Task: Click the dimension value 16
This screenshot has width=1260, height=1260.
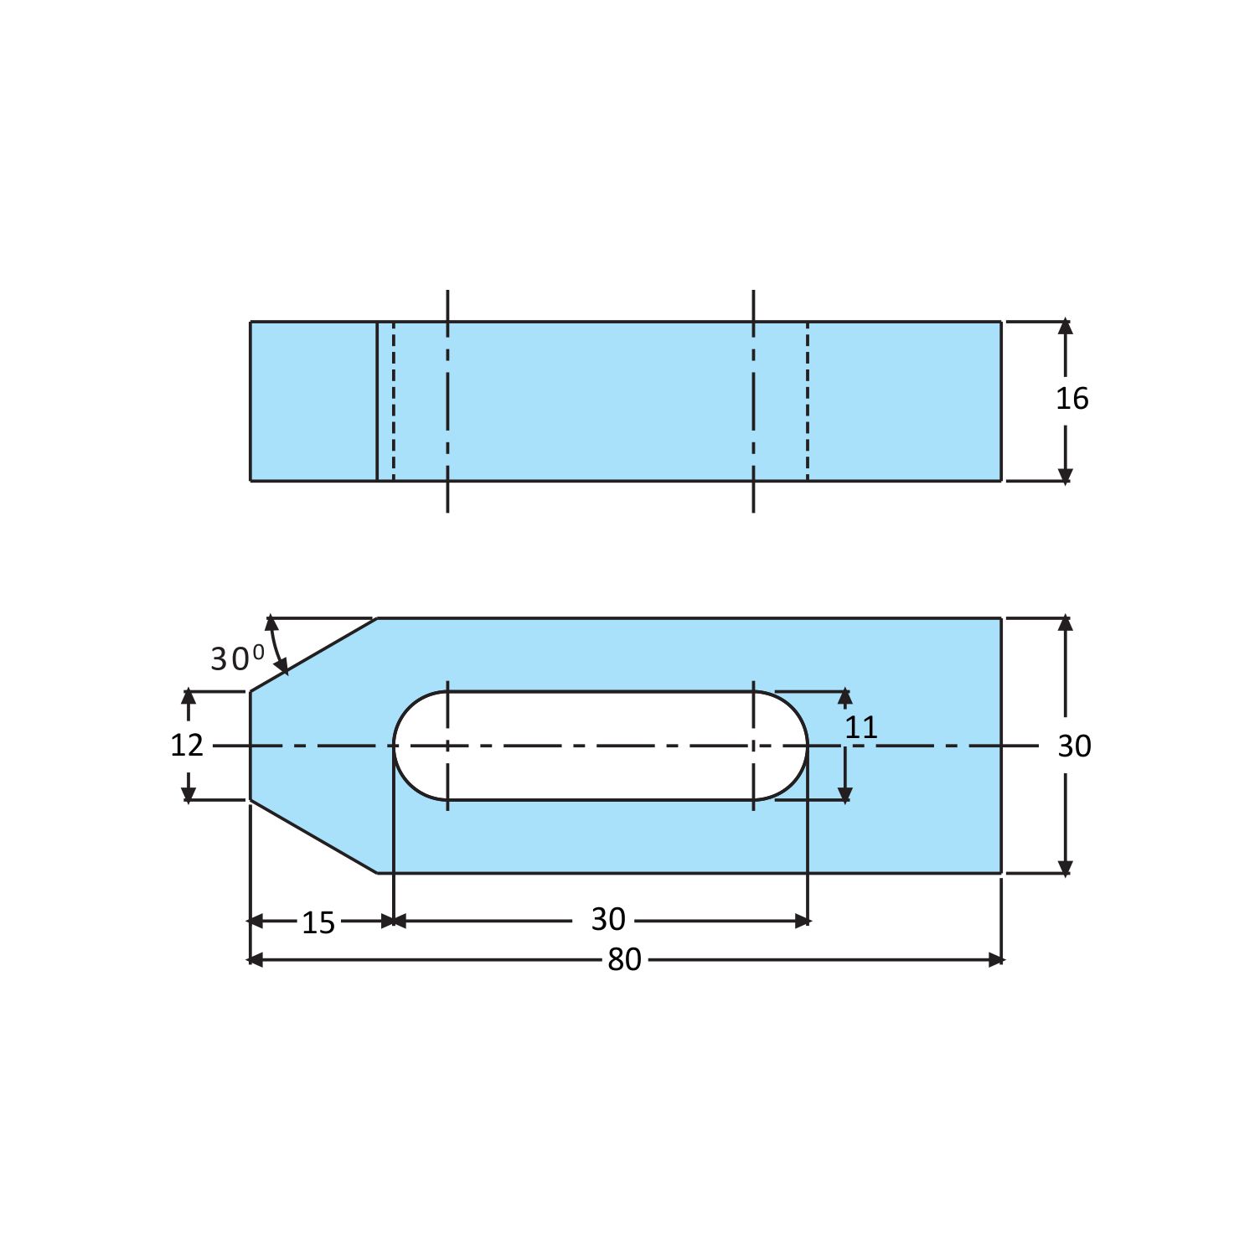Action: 1072,399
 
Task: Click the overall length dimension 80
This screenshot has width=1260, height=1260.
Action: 624,959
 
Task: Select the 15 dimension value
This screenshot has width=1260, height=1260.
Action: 318,922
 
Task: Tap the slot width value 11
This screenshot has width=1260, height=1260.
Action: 860,727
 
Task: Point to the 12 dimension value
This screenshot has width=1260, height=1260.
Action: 186,745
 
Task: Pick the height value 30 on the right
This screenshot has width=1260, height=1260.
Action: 1073,746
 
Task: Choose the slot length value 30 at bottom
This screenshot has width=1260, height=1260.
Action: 607,919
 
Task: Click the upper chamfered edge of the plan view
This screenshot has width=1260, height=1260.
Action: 313,655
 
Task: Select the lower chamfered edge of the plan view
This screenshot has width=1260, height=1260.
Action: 313,836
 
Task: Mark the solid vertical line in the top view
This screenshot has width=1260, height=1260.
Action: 377,400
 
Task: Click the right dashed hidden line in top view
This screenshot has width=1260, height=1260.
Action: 808,400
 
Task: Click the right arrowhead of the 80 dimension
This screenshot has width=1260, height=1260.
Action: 995,959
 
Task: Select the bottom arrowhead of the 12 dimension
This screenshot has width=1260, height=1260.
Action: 188,793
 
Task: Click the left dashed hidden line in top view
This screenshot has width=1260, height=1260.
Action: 394,400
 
